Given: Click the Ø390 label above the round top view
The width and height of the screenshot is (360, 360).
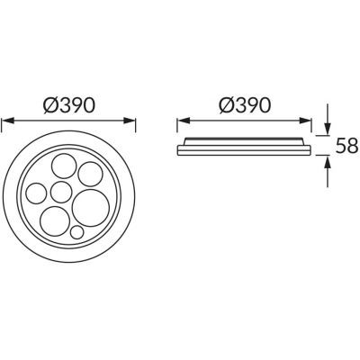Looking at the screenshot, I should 70,106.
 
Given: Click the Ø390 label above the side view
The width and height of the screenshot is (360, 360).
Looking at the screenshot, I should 245,106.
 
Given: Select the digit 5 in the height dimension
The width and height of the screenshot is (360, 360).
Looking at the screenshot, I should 337,146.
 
